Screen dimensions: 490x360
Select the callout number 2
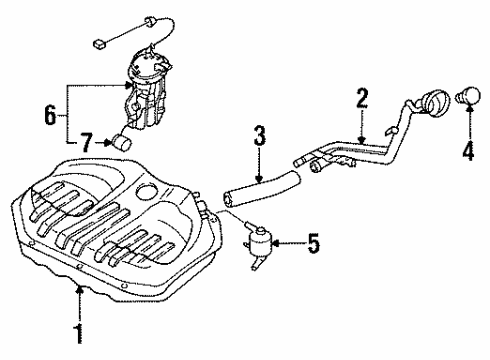[x=362, y=98]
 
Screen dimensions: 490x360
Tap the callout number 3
[x=260, y=136]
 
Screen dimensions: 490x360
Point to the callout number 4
[x=468, y=150]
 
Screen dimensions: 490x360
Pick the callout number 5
[x=313, y=243]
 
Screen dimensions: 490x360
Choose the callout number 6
[x=50, y=115]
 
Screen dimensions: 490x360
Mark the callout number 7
[x=85, y=142]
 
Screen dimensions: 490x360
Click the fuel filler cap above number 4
[x=468, y=96]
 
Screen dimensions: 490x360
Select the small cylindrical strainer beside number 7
[x=121, y=142]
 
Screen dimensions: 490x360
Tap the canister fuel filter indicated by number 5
[x=260, y=241]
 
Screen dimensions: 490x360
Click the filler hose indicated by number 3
[x=262, y=189]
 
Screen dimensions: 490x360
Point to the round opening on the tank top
[x=147, y=192]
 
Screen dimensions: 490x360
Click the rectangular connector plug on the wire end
[x=99, y=43]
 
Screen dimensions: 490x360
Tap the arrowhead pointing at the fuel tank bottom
[x=79, y=290]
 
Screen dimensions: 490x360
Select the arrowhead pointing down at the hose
[x=259, y=179]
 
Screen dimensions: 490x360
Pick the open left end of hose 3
[x=228, y=199]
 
